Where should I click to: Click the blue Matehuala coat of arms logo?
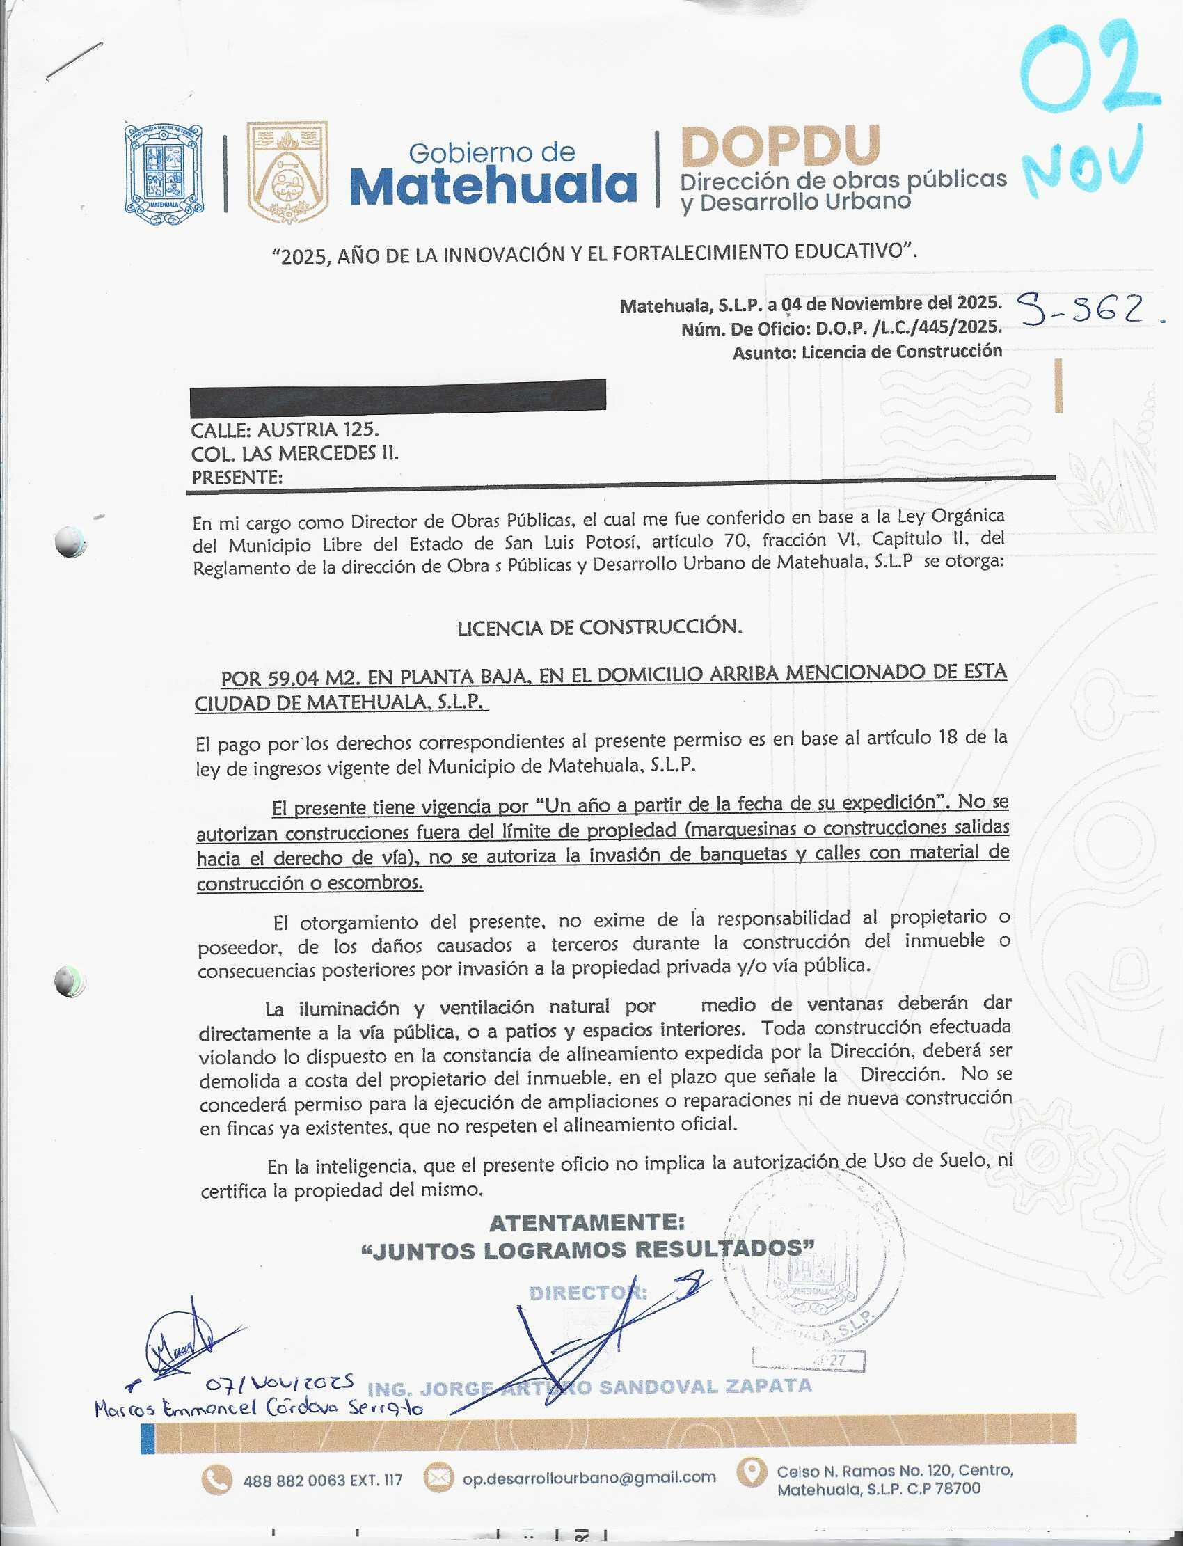[x=164, y=175]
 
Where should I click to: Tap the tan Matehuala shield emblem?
[x=287, y=173]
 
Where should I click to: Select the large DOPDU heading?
[x=780, y=146]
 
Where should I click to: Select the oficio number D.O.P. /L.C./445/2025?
[x=907, y=328]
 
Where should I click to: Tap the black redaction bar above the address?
[x=398, y=395]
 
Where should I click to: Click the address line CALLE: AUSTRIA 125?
[x=285, y=429]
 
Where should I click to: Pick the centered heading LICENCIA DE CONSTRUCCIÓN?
[x=599, y=627]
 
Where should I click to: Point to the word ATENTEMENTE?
[x=587, y=1223]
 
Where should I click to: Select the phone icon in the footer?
[x=216, y=1479]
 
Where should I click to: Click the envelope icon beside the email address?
[x=438, y=1477]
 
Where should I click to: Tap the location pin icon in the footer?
[x=752, y=1473]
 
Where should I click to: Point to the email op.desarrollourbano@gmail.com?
[x=589, y=1478]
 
